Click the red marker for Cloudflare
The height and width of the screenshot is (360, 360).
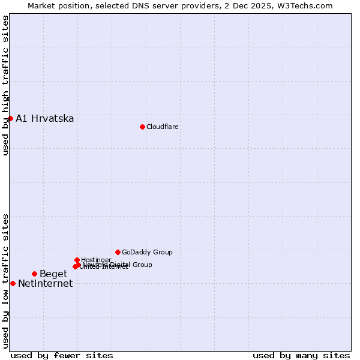point(142,127)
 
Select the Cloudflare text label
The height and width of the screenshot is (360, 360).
point(163,127)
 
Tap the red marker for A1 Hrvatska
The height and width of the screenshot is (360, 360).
point(10,118)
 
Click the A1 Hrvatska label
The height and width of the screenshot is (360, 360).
point(45,118)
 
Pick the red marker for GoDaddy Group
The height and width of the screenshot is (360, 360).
point(118,252)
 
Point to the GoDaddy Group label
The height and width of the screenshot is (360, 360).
point(147,252)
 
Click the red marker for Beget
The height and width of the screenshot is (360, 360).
point(34,274)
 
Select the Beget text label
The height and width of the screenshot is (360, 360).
point(53,274)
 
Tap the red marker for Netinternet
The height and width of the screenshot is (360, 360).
point(13,283)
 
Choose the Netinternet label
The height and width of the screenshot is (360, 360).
point(45,284)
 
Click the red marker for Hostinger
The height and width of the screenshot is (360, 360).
point(77,260)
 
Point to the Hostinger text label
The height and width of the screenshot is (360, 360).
point(96,260)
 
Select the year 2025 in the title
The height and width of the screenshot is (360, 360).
point(266,5)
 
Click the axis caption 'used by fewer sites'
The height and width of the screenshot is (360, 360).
point(62,355)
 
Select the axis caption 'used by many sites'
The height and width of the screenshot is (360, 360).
point(301,355)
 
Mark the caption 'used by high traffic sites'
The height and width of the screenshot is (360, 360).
point(5,85)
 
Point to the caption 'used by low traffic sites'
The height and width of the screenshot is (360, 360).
point(5,280)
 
